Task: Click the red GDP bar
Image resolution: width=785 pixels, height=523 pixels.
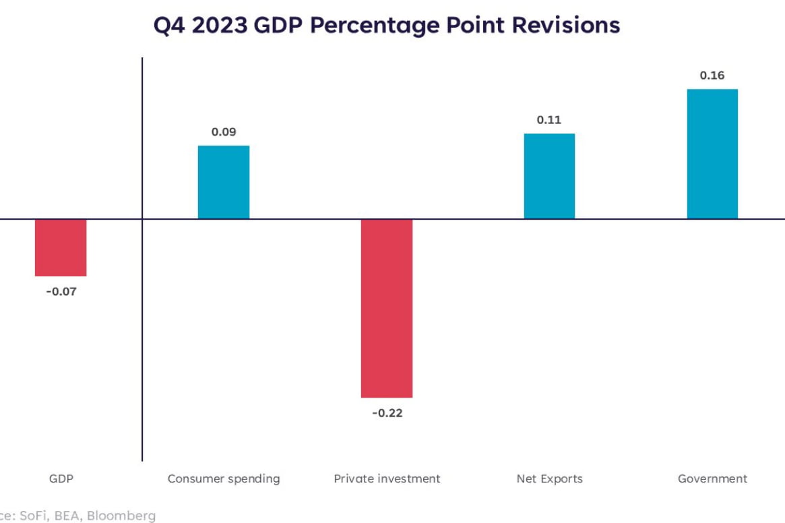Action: point(61,247)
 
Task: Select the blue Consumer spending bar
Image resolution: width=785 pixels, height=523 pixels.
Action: point(224,182)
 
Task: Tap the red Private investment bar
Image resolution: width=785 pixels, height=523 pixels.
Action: point(387,308)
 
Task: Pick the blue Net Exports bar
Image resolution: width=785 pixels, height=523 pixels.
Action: point(549,176)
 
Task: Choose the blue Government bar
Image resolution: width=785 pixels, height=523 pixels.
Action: point(712,154)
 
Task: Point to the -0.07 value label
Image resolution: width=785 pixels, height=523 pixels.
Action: point(61,293)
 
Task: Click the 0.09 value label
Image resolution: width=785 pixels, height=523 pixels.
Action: point(224,132)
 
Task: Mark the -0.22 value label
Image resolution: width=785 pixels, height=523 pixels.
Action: point(387,413)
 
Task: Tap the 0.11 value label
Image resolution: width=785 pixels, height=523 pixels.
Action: point(549,120)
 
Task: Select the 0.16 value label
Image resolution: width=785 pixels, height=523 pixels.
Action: point(712,75)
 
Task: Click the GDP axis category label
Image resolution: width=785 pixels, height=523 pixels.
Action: point(61,479)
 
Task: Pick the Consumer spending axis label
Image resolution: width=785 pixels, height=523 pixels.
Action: point(224,479)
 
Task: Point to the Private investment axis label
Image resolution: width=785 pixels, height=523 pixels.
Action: point(387,479)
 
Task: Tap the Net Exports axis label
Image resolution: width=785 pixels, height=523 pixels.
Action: point(549,479)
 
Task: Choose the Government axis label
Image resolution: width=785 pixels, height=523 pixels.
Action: point(712,479)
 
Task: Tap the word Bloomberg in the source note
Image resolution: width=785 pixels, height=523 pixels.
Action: point(122,516)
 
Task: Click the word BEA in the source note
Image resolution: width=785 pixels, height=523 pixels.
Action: point(67,516)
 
